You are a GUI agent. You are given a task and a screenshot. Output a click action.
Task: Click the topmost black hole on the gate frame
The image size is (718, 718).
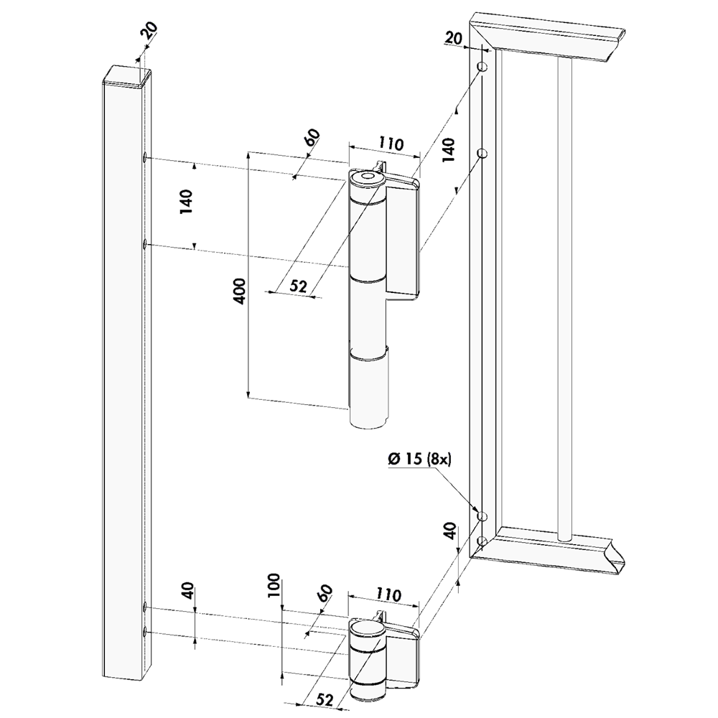coord(481,67)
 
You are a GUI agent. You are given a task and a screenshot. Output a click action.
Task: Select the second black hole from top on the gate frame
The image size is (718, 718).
coord(481,153)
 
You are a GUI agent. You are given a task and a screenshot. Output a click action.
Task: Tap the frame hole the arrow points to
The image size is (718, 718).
coord(481,517)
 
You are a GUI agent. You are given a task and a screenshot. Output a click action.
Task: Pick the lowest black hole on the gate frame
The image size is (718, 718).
coord(481,540)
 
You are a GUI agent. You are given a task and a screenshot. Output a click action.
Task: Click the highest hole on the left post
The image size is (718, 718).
coord(145,157)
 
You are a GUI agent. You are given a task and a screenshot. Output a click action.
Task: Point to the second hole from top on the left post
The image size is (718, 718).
coord(145,245)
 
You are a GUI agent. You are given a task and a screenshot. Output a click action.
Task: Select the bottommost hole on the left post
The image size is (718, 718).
coord(145,631)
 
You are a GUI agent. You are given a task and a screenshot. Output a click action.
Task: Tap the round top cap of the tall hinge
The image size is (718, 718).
coord(368,177)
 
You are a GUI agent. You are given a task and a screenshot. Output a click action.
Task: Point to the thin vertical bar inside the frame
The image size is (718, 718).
coord(564,287)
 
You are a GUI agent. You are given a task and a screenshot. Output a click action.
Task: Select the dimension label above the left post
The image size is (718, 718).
coord(149,30)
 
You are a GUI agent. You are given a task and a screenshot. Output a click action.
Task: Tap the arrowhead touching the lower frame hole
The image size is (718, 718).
coord(475,510)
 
